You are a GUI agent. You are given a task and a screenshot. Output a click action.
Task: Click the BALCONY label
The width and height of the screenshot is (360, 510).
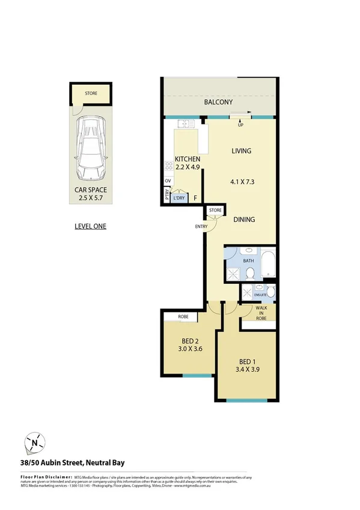218,103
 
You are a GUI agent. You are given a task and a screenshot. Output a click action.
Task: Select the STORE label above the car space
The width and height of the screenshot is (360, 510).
91,94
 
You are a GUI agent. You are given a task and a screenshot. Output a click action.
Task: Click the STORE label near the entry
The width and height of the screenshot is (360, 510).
215,210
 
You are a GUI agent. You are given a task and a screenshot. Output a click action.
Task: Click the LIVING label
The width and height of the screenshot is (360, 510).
241,151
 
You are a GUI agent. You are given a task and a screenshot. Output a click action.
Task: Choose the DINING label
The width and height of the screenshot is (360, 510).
244,220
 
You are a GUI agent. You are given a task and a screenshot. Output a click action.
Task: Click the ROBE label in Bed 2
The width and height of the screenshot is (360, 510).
184,316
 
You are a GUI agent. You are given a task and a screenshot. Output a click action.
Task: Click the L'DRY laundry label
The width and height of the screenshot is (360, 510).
178,198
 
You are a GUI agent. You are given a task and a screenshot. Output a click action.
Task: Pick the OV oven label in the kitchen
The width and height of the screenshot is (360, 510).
168,180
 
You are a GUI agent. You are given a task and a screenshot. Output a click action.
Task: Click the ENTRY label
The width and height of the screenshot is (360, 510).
201,226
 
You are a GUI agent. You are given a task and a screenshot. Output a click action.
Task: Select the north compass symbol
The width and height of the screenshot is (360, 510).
37,443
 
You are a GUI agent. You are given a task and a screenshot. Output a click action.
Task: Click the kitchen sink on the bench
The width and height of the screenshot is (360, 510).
185,124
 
